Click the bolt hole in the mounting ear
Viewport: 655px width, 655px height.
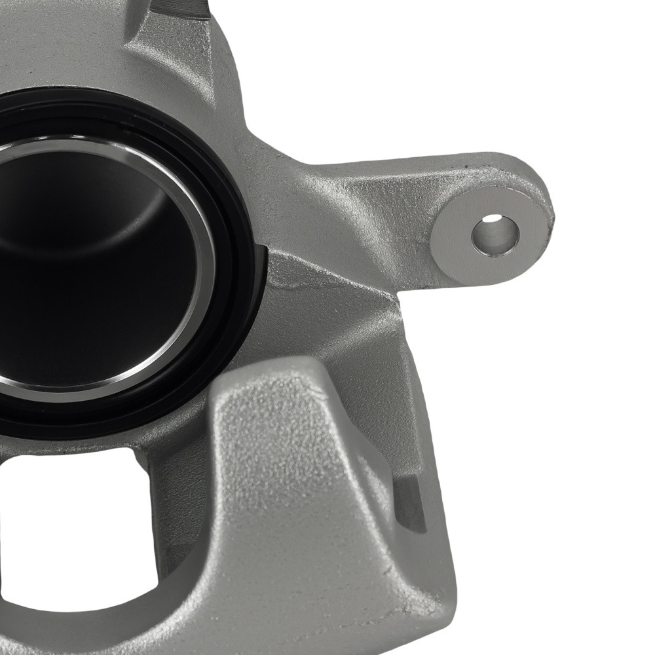495,234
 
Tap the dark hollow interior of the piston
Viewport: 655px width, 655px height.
85,275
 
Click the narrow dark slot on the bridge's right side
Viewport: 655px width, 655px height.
409,504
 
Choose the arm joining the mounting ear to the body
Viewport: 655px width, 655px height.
367,196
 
